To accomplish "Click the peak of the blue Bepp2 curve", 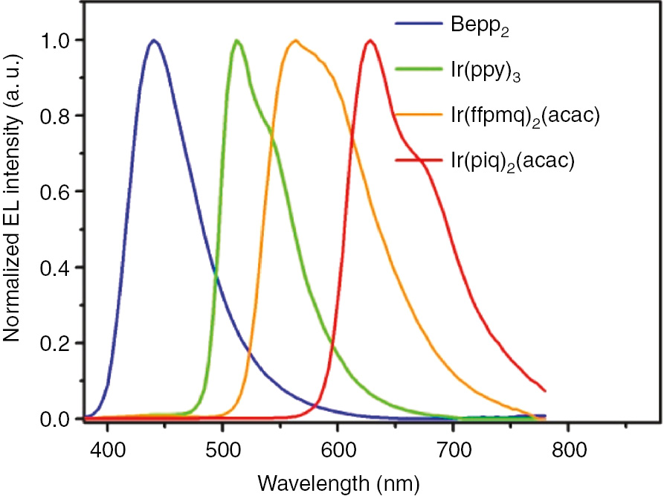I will [154, 40].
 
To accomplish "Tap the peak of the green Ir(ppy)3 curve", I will [237, 40].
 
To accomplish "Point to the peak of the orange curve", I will [296, 40].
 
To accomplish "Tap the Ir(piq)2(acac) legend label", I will [513, 161].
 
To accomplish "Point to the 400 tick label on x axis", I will [107, 450].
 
